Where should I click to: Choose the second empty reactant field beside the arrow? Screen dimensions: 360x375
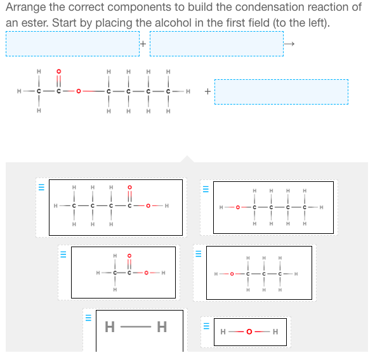point(216,44)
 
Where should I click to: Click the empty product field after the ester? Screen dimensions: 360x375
point(281,92)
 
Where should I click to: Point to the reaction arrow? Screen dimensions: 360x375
point(289,44)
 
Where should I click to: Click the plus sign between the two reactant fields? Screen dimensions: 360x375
point(144,44)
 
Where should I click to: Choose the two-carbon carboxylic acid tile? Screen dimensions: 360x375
point(123,273)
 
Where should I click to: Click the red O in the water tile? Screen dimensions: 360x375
point(250,331)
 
